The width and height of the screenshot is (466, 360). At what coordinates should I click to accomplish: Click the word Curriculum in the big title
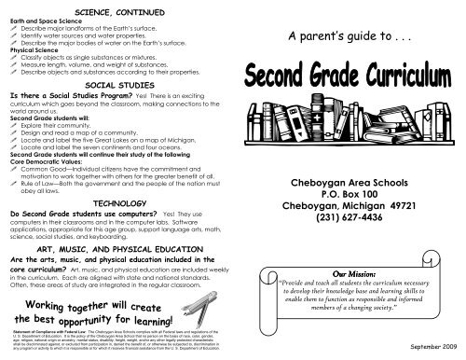tap(406, 98)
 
